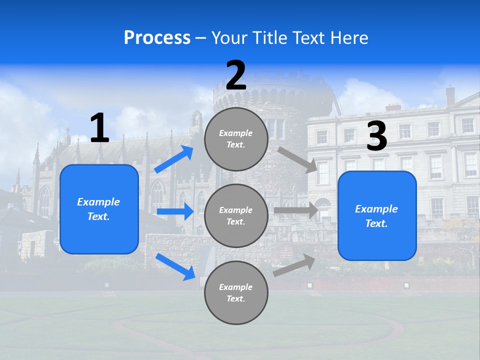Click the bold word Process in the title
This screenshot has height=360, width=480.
pos(157,38)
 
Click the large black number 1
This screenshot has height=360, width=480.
pos(100,127)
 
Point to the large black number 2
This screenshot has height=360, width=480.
pos(236,75)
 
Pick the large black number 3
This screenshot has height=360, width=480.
pos(377,135)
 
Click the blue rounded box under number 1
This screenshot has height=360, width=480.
pos(99,209)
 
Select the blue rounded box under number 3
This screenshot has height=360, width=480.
pos(377,216)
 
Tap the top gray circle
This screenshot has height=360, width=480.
pos(236,139)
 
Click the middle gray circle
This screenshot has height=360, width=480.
pos(236,216)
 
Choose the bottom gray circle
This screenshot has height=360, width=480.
pos(236,292)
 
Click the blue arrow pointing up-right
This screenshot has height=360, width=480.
pos(173,159)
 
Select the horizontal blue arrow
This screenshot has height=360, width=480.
pos(175,211)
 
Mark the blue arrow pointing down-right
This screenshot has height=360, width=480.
pos(175,267)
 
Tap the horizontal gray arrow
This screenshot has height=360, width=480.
pos(296,210)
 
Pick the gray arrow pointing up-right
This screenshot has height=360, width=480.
pos(294,265)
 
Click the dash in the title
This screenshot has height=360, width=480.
pos(200,39)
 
